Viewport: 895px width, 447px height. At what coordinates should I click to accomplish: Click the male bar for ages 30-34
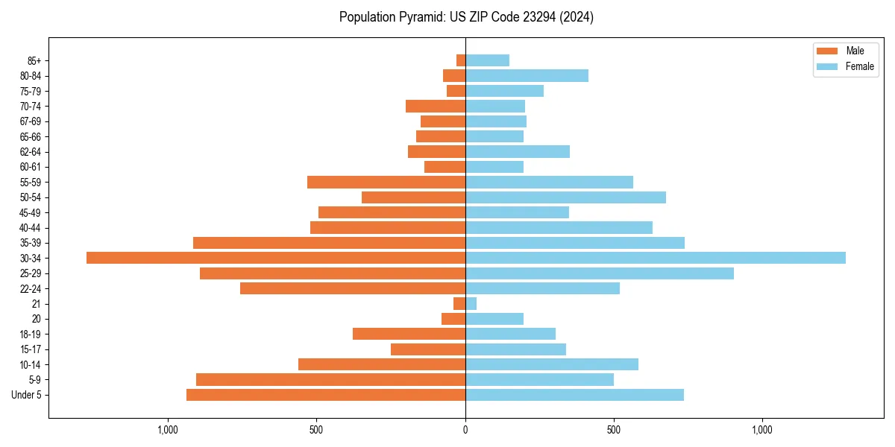click(276, 258)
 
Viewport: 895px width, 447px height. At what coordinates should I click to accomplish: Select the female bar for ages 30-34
click(656, 258)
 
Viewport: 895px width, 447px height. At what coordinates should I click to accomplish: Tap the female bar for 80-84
click(527, 75)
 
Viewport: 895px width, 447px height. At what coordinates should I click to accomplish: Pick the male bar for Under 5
click(326, 395)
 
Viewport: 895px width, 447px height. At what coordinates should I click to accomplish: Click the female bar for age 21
click(471, 304)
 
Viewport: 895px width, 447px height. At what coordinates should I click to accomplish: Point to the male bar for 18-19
click(409, 334)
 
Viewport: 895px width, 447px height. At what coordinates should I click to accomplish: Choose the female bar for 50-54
click(565, 197)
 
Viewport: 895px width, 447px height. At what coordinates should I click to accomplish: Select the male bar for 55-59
click(386, 182)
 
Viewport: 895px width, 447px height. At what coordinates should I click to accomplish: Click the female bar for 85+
click(487, 60)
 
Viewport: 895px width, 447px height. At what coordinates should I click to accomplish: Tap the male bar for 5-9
click(330, 380)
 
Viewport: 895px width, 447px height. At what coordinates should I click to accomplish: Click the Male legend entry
click(855, 51)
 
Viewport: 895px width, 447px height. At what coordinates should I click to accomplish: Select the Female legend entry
click(859, 66)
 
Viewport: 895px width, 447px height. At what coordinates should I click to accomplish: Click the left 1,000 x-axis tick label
click(168, 431)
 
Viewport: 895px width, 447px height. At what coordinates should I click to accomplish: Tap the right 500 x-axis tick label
click(614, 431)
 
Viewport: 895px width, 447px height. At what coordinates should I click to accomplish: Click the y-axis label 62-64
click(31, 152)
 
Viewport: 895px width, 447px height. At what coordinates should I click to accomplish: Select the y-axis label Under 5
click(27, 395)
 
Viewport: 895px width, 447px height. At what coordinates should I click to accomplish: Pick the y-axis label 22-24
click(31, 289)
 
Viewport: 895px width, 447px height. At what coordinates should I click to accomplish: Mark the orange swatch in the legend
click(827, 51)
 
